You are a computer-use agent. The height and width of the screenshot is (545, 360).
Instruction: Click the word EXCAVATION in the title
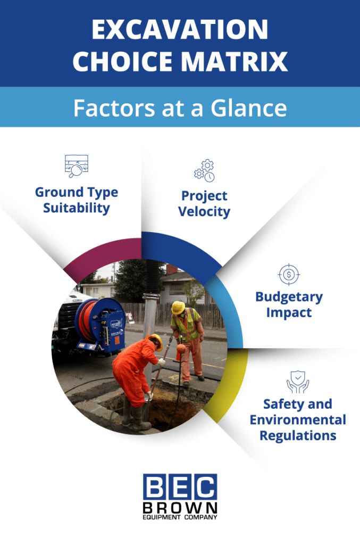pos(180,30)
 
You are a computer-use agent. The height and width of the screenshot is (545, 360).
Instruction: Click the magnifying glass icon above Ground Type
pos(76,166)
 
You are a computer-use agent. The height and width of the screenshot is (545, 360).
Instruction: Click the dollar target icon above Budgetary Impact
pos(289,275)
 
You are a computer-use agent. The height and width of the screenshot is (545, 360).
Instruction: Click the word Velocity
pos(204,211)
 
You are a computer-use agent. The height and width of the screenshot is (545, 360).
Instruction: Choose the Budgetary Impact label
pos(289,304)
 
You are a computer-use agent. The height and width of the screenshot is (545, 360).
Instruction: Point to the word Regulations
pos(298,435)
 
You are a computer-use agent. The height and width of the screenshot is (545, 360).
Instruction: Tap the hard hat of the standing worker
pos(178,307)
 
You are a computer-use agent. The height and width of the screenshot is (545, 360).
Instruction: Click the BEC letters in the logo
pos(180,488)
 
